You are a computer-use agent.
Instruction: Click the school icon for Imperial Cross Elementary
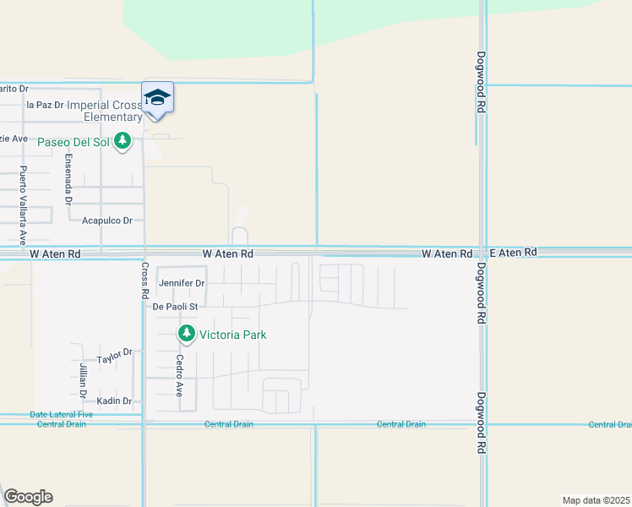click(x=157, y=99)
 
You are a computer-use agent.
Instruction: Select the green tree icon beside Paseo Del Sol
click(x=123, y=141)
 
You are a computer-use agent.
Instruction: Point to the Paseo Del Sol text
click(x=74, y=141)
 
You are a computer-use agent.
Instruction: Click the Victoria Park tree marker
click(x=186, y=335)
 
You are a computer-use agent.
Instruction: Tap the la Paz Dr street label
click(x=46, y=105)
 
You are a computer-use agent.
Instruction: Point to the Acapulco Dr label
click(x=107, y=221)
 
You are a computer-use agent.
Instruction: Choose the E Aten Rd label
click(x=513, y=253)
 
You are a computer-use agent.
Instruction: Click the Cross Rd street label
click(x=144, y=278)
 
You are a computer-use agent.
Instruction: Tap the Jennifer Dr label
click(x=182, y=283)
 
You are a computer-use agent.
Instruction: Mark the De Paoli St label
click(x=175, y=307)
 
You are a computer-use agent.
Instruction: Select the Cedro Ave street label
click(x=179, y=375)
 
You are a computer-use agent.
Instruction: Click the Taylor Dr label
click(x=115, y=357)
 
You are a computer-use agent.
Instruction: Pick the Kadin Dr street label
click(x=114, y=401)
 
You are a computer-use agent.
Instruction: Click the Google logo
click(x=28, y=496)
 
